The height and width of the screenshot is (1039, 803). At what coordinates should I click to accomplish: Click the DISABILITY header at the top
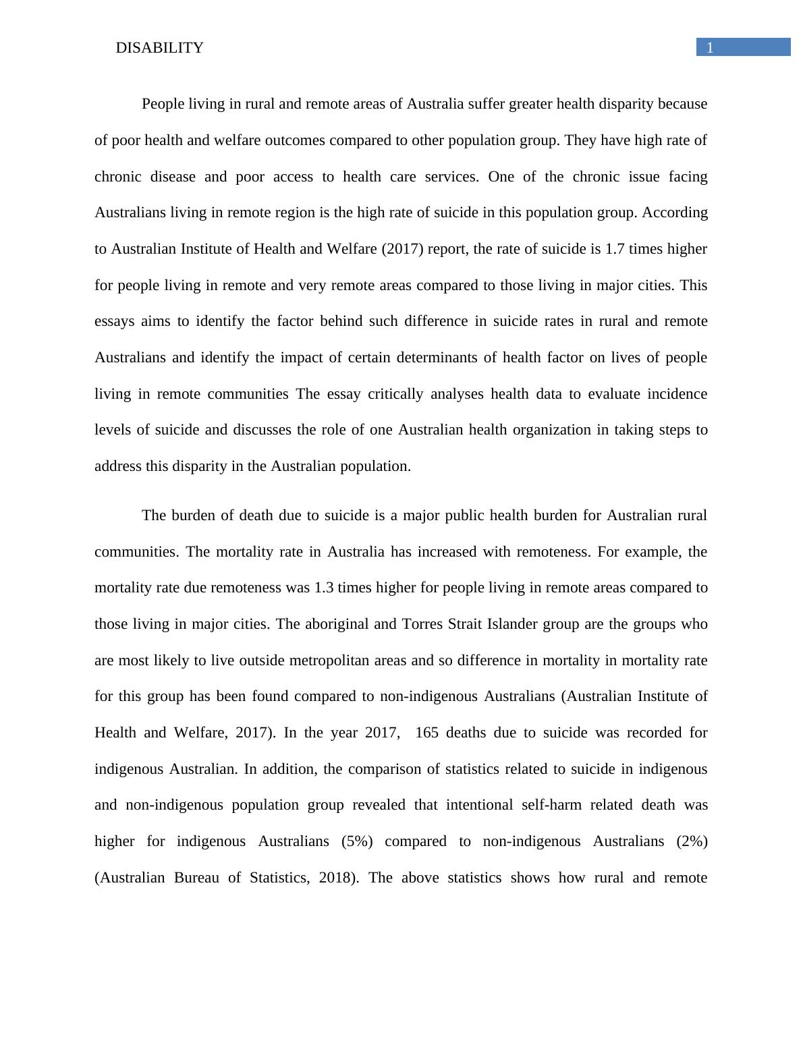click(159, 48)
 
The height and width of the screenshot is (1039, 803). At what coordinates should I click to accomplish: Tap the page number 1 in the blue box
click(710, 47)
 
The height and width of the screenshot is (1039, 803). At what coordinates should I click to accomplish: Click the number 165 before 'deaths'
click(427, 733)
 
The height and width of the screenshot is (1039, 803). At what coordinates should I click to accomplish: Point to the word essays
click(114, 322)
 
